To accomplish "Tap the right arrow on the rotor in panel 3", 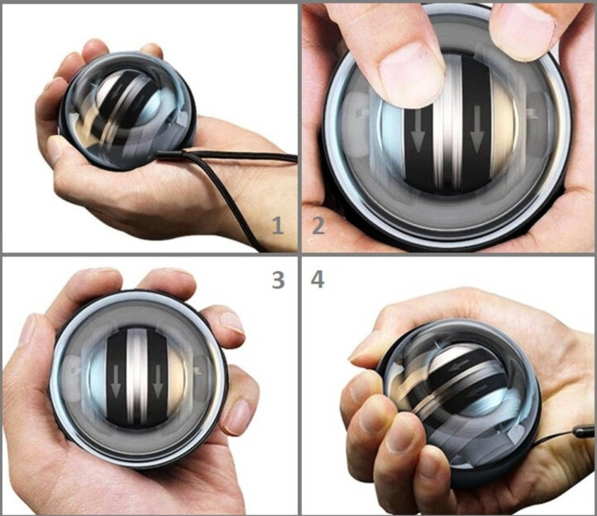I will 158,382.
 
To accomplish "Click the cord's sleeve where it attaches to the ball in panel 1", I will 170,155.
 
